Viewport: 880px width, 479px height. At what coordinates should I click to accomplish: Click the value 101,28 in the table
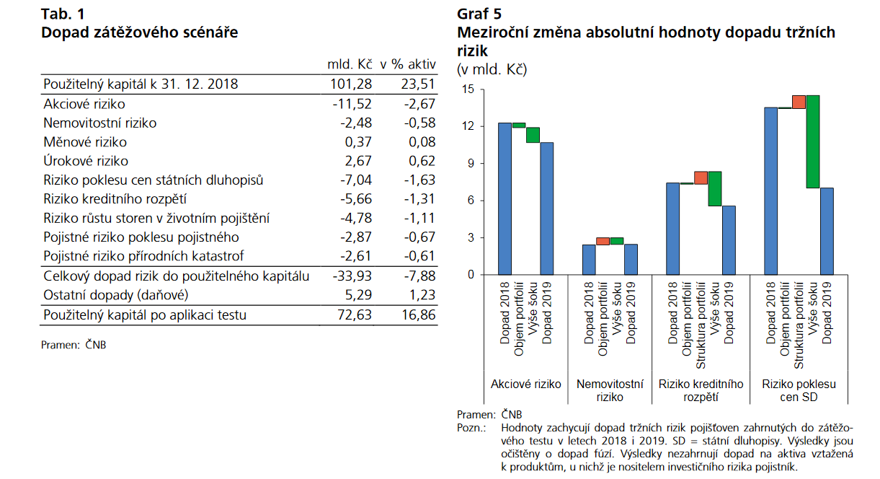pos(351,84)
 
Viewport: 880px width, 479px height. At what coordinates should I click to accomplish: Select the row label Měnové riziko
pos(85,142)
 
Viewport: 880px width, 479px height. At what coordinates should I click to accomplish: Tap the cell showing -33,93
pos(352,276)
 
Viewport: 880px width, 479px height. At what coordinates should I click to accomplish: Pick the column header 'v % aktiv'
pos(408,64)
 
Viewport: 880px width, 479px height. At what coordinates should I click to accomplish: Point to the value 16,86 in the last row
pos(419,315)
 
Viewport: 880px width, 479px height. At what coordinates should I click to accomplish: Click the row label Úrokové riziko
pos(86,161)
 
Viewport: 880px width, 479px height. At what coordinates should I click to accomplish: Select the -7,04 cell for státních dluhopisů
pos(356,180)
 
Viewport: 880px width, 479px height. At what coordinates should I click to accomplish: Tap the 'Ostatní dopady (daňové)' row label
pos(116,295)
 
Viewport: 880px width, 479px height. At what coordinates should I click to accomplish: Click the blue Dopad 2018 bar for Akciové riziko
pos(505,198)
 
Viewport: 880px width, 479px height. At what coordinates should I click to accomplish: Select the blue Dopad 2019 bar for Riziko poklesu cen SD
pos(827,232)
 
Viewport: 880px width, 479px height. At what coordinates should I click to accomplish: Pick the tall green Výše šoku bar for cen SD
pos(813,141)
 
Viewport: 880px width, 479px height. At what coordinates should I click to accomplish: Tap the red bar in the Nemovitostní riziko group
pos(603,241)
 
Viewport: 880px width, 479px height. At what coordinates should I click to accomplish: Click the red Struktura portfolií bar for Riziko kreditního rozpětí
pos(701,177)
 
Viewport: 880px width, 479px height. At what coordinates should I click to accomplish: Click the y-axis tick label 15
pos(468,89)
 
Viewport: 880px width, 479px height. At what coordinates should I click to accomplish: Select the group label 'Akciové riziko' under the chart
pos(525,384)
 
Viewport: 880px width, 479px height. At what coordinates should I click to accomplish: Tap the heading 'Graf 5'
pos(479,14)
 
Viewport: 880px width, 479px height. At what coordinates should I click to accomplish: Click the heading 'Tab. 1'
pos(63,14)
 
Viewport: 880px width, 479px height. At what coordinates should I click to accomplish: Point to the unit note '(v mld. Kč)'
pos(492,69)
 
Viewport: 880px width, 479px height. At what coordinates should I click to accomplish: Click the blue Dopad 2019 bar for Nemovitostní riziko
pos(631,260)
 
